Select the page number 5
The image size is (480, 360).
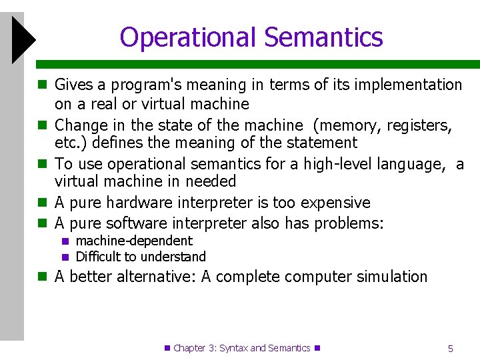(x=451, y=348)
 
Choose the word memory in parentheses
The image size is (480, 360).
(x=345, y=125)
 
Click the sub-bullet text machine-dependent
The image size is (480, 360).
(x=134, y=241)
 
